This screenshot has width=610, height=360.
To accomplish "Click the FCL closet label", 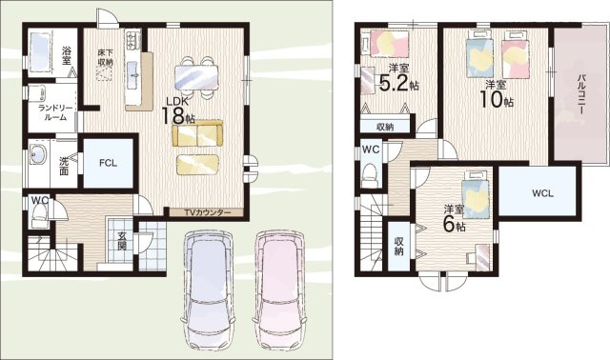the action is tap(108, 163).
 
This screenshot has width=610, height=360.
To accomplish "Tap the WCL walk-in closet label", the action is tap(542, 193).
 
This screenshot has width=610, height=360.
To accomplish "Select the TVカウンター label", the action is tap(208, 212).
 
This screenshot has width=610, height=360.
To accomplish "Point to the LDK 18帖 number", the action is tap(173, 115).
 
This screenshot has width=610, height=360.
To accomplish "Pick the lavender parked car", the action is tap(208, 290).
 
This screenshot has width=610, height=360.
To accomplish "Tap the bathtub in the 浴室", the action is tap(40, 52).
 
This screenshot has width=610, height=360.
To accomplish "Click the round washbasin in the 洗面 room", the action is tap(37, 154).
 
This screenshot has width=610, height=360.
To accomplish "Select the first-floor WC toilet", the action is tap(38, 216).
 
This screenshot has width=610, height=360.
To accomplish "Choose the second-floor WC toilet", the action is tap(369, 174).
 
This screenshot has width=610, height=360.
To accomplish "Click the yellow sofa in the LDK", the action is tap(197, 133).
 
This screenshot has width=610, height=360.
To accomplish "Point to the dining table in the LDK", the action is tap(196, 78).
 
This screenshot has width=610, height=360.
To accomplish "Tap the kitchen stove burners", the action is tap(132, 40).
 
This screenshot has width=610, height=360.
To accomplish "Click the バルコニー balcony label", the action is tap(581, 93).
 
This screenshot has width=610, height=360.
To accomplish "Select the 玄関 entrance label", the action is tap(122, 241).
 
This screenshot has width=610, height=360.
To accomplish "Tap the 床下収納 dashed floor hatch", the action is tap(104, 73).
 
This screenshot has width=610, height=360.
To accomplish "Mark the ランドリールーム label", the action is tap(55, 112).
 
